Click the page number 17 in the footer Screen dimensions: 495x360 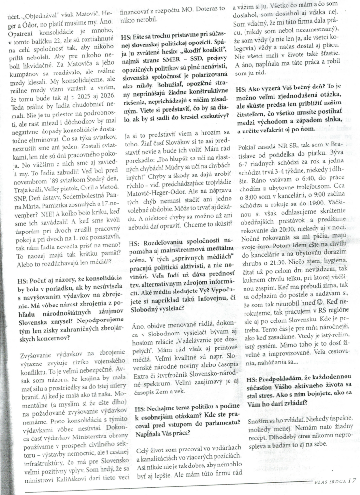point(351,480)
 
